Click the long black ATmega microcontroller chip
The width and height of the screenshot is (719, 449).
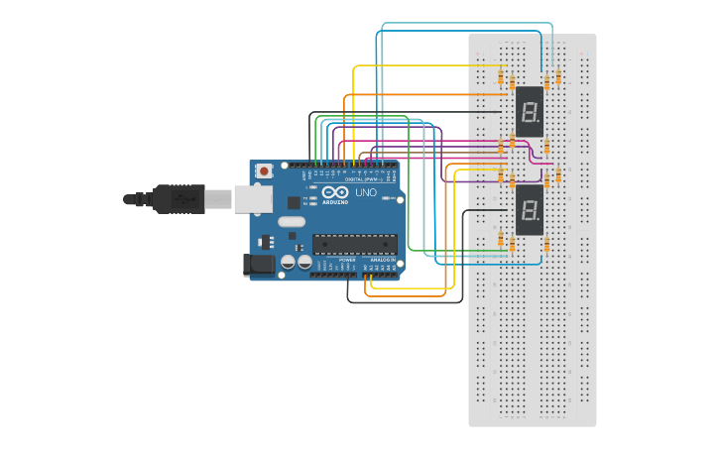pos(353,244)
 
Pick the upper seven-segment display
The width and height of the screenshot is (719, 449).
pos(530,111)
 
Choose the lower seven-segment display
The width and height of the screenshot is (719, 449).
pos(530,210)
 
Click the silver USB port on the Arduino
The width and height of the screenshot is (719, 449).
pos(252,199)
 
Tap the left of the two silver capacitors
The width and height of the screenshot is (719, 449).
pos(289,263)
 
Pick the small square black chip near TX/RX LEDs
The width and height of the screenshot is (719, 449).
pos(293,202)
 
